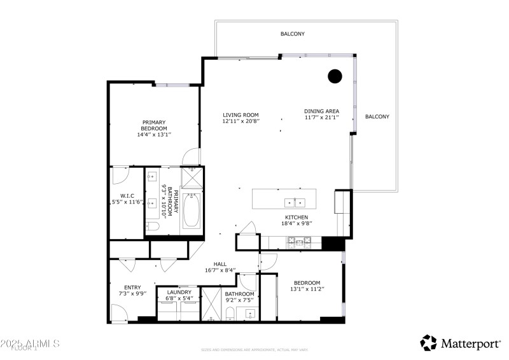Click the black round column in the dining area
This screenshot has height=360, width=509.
point(335,77)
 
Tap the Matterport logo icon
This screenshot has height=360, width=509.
point(429,343)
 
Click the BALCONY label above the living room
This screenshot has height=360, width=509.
point(293,34)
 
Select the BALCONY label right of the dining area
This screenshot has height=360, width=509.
point(377,116)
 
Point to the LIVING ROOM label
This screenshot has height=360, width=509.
point(241,115)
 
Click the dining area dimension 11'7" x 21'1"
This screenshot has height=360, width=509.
point(321,118)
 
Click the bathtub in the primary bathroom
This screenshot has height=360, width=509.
point(192,211)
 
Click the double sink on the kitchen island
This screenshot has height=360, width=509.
point(295,203)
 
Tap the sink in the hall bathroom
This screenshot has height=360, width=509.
point(251,314)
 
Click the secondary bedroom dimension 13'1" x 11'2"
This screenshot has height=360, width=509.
point(307,289)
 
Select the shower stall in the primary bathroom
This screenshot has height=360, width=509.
point(192,177)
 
